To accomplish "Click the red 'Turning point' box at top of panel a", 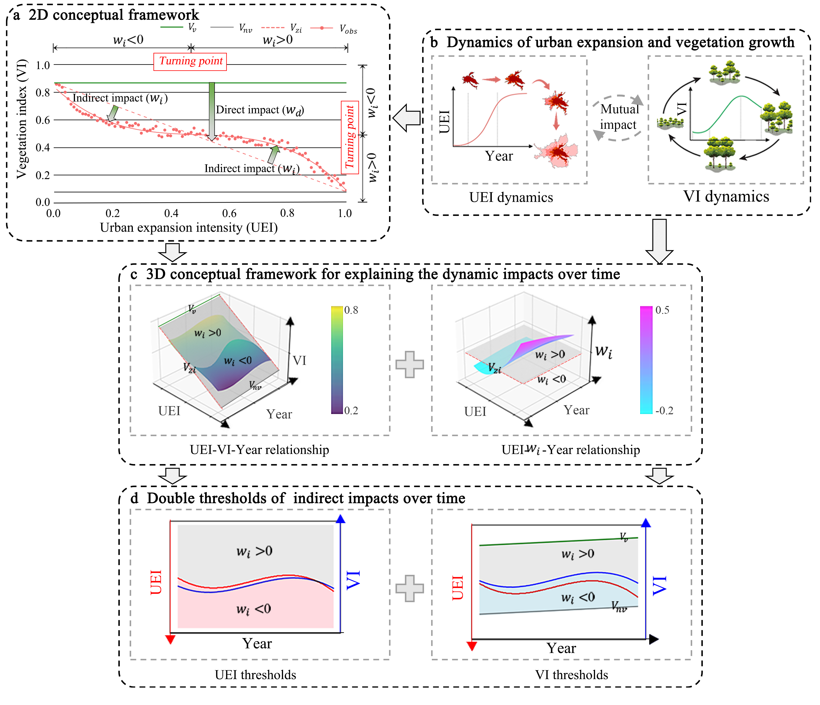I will [x=190, y=61].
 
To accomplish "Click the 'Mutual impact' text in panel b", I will [x=619, y=117].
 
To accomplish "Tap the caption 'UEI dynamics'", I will [x=511, y=197].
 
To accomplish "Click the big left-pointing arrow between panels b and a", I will [x=406, y=118].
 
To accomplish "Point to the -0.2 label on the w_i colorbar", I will [x=664, y=410].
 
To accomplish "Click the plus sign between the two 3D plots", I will [x=410, y=364].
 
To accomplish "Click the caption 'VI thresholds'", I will [x=571, y=674].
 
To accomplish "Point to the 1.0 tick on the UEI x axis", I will [x=345, y=213].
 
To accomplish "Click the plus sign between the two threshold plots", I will [x=410, y=588].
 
